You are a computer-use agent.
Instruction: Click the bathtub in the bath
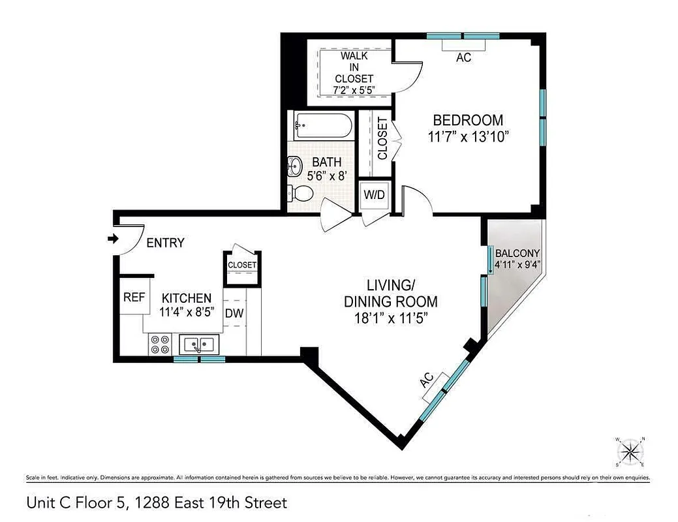[x=322, y=125]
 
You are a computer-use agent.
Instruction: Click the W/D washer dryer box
[x=375, y=195]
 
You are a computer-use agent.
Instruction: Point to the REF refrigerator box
[x=134, y=298]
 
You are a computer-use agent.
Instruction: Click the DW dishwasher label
[x=234, y=313]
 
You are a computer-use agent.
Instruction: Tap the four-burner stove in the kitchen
[x=159, y=344]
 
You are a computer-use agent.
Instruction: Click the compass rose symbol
[x=630, y=451]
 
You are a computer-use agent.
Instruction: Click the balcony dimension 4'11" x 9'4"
[x=517, y=264]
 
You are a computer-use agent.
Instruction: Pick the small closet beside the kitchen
[x=241, y=266]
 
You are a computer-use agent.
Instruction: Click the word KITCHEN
[x=187, y=298]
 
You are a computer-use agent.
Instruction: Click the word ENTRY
[x=165, y=243]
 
